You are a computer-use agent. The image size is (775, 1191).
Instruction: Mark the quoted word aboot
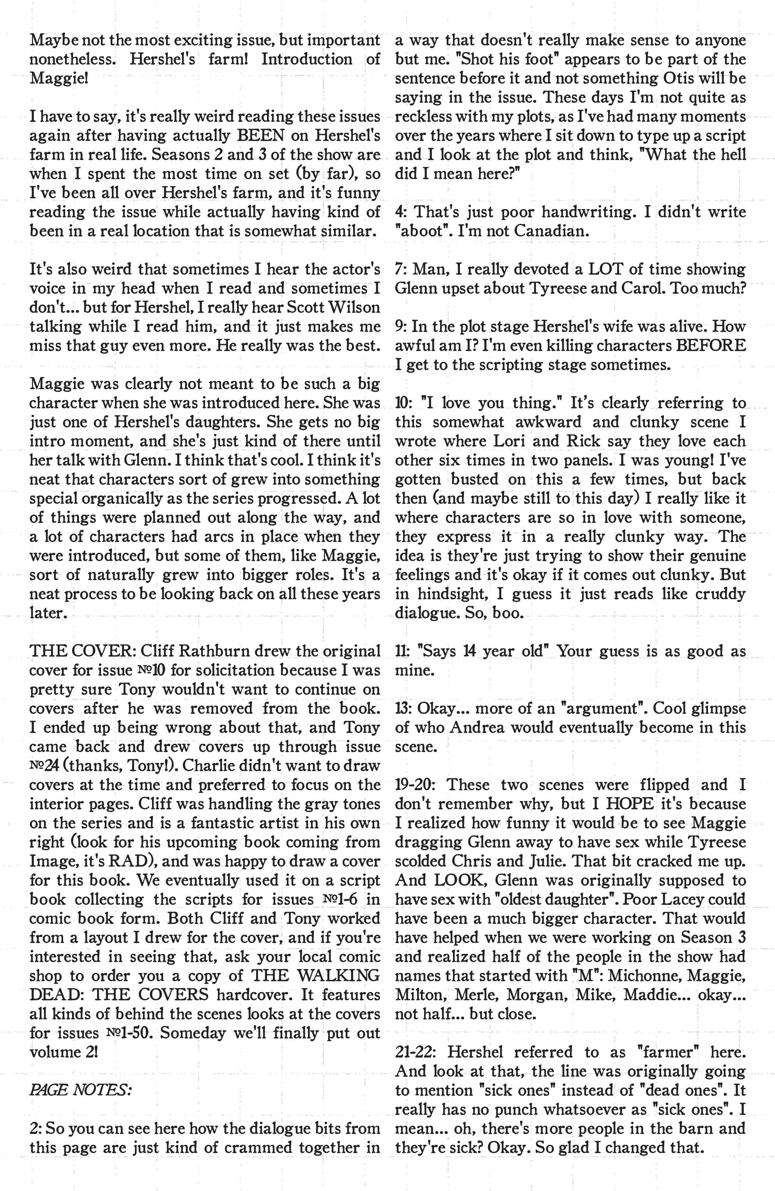point(418,231)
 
